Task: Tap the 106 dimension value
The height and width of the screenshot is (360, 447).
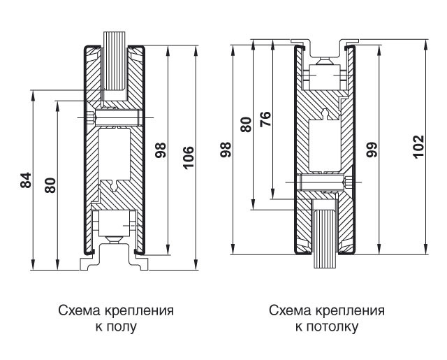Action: click(x=187, y=150)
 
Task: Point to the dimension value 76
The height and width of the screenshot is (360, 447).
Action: click(x=265, y=120)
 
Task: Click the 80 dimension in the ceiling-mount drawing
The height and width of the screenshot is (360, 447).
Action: click(x=245, y=124)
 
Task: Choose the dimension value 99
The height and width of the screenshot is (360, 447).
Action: click(x=372, y=148)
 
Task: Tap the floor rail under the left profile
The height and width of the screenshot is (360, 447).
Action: click(x=115, y=261)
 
